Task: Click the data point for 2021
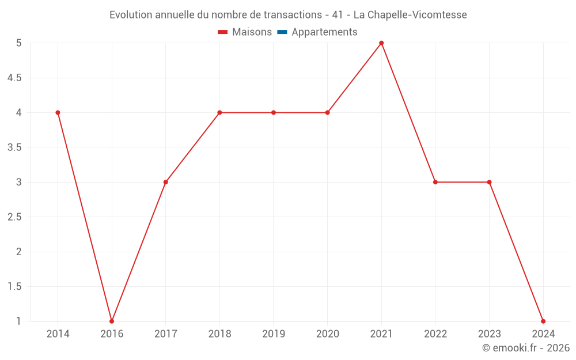click(381, 43)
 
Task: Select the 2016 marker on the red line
click(112, 321)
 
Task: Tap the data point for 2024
click(543, 321)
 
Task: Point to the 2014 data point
click(58, 112)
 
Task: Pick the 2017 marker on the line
click(165, 182)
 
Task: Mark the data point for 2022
click(435, 182)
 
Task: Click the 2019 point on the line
click(274, 112)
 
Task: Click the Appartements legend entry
click(324, 32)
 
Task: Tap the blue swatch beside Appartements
click(282, 32)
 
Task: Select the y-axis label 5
click(18, 43)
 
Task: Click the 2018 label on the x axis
click(219, 334)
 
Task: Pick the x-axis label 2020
click(327, 334)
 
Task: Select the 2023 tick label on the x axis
click(489, 334)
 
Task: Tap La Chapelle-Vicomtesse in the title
click(410, 14)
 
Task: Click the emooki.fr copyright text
click(526, 348)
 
